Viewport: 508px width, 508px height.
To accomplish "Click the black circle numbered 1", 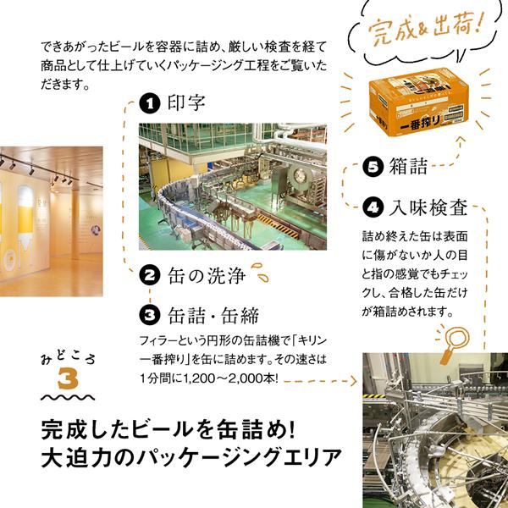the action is tap(150, 103).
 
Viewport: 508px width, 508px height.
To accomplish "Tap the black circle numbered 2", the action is tap(150, 276).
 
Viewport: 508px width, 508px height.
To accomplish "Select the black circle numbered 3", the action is tap(150, 315).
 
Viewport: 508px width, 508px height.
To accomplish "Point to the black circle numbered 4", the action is tap(373, 207).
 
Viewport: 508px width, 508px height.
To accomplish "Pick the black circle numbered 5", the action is tap(373, 167).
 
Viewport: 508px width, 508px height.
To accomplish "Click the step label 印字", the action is tap(186, 103).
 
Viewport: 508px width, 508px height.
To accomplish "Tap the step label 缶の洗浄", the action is tap(207, 276).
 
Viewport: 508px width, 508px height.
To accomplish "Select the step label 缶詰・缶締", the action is tap(213, 315).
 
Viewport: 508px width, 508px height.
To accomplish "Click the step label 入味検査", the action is tap(428, 207).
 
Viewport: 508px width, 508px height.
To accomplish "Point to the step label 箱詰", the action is tap(409, 166).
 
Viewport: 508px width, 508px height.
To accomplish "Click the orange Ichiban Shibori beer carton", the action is tap(419, 102).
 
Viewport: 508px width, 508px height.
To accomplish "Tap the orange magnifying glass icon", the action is tap(455, 343).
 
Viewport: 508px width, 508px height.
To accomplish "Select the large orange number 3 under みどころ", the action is tap(69, 378).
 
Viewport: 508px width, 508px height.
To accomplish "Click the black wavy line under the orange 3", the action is tap(68, 398).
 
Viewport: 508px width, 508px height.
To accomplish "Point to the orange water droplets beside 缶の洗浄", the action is tap(261, 273).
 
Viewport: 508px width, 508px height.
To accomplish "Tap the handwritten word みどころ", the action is tap(68, 357).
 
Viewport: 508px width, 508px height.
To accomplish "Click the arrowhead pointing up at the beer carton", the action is tap(461, 140).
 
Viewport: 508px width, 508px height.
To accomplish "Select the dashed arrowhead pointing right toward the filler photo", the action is tap(353, 381).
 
